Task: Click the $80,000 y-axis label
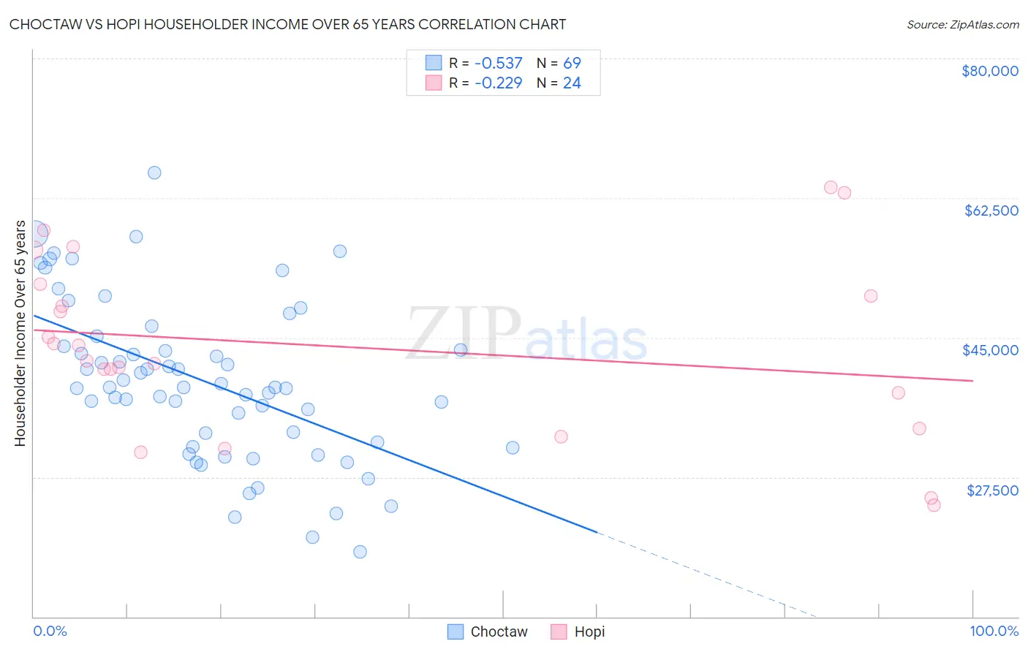[x=989, y=71]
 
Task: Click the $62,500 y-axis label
[x=991, y=211]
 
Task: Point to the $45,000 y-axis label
[x=990, y=350]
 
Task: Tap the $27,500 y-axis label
[x=992, y=490]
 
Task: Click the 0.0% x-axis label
[x=50, y=631]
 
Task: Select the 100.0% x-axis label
[x=994, y=631]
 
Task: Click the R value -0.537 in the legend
[x=498, y=63]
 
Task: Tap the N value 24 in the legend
[x=572, y=83]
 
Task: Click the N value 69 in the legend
[x=572, y=63]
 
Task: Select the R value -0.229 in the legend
[x=498, y=83]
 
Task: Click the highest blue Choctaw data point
[x=154, y=173]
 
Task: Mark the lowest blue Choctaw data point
[x=360, y=552]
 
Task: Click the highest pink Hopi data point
[x=831, y=187]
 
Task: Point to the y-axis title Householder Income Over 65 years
[x=20, y=333]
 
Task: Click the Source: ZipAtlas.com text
[x=962, y=25]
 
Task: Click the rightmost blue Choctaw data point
[x=513, y=447]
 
